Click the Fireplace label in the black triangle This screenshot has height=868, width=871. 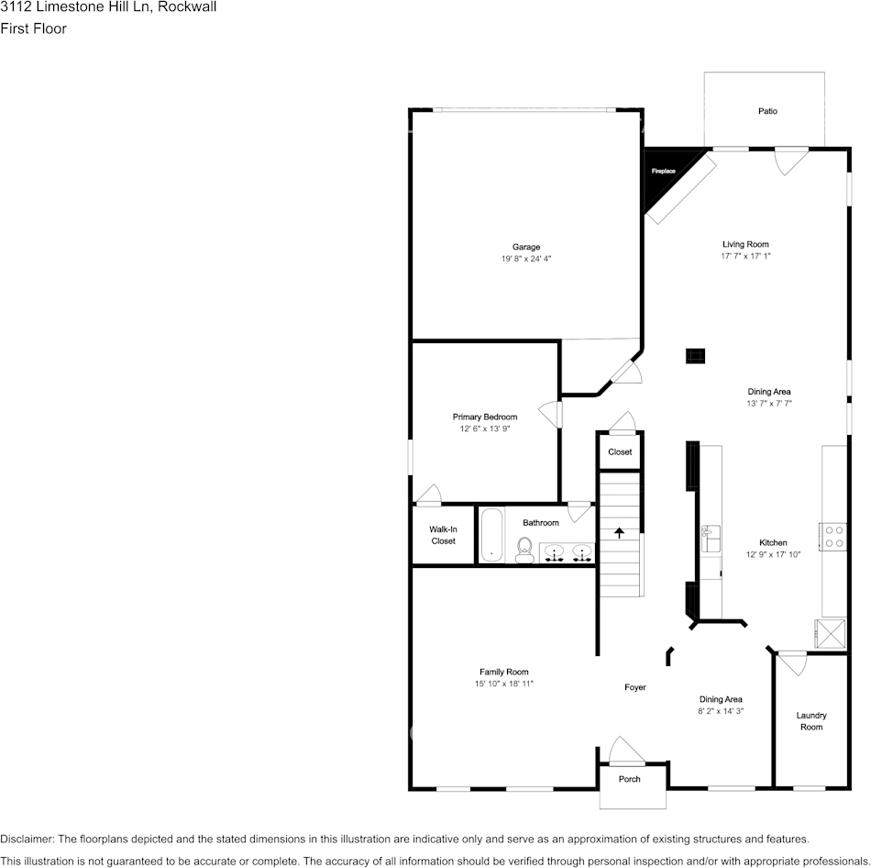pyautogui.click(x=663, y=172)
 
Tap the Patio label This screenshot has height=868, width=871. pyautogui.click(x=767, y=111)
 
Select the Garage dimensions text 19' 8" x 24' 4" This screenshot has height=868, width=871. pyautogui.click(x=526, y=260)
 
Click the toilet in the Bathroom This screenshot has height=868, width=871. pyautogui.click(x=525, y=550)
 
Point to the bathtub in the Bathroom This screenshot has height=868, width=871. pyautogui.click(x=491, y=534)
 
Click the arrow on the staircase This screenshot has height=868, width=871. pyautogui.click(x=619, y=532)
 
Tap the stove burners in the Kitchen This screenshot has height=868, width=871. pyautogui.click(x=833, y=536)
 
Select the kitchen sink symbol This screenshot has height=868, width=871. pyautogui.click(x=711, y=539)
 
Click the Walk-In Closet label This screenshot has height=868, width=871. pyautogui.click(x=444, y=535)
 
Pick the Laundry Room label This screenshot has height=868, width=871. pyautogui.click(x=810, y=721)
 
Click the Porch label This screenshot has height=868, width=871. pyautogui.click(x=630, y=779)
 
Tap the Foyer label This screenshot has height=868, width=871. pyautogui.click(x=635, y=687)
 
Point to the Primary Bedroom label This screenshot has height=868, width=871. pyautogui.click(x=485, y=417)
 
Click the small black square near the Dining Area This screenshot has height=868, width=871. pyautogui.click(x=696, y=356)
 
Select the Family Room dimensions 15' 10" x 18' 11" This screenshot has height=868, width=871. pyautogui.click(x=503, y=684)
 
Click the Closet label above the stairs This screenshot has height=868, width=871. pyautogui.click(x=620, y=451)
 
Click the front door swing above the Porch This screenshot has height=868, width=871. pyautogui.click(x=626, y=751)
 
